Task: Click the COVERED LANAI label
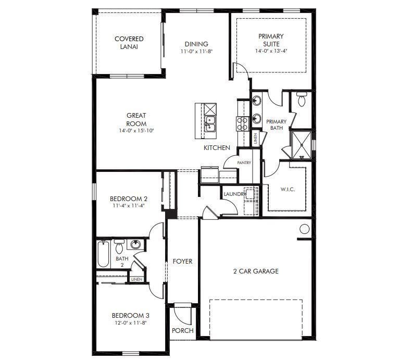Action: (x=129, y=42)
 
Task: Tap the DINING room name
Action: (x=196, y=44)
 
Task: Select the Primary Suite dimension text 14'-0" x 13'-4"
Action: (x=271, y=52)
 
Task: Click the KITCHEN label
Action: (x=217, y=148)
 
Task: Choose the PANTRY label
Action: (x=244, y=163)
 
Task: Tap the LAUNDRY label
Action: (x=234, y=194)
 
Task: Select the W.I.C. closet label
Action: (x=288, y=189)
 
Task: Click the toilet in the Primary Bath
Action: (x=302, y=98)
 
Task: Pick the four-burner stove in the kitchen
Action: (x=243, y=123)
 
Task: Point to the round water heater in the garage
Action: (x=305, y=228)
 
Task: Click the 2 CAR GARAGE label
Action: (x=255, y=271)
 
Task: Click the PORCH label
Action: (x=182, y=330)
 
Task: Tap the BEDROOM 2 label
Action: (x=129, y=198)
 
